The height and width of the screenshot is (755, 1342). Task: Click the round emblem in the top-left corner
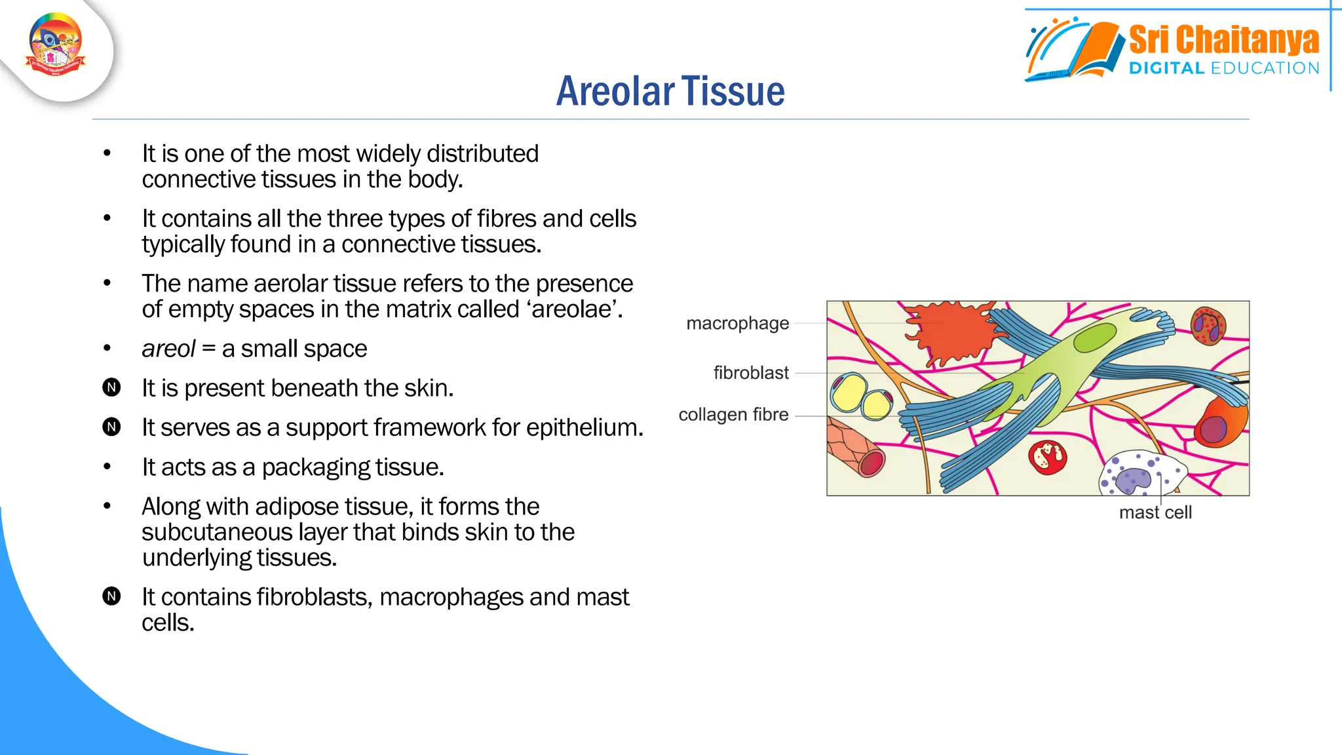click(x=56, y=45)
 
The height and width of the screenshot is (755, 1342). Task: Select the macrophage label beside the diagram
click(x=737, y=323)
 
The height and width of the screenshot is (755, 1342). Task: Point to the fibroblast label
click(x=751, y=373)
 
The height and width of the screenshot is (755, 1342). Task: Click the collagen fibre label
click(x=733, y=415)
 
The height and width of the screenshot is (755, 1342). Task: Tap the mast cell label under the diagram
click(x=1155, y=513)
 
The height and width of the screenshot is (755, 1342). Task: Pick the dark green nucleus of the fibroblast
click(x=1094, y=338)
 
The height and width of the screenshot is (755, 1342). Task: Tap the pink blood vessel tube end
click(x=872, y=463)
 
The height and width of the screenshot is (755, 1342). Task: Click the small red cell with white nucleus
click(x=1047, y=457)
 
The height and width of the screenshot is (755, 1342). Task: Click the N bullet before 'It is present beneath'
click(x=112, y=388)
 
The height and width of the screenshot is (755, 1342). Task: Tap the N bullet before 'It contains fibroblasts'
click(x=112, y=596)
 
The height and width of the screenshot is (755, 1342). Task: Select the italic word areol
click(x=168, y=349)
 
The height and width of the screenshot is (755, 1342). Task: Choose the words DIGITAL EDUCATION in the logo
click(x=1223, y=68)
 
